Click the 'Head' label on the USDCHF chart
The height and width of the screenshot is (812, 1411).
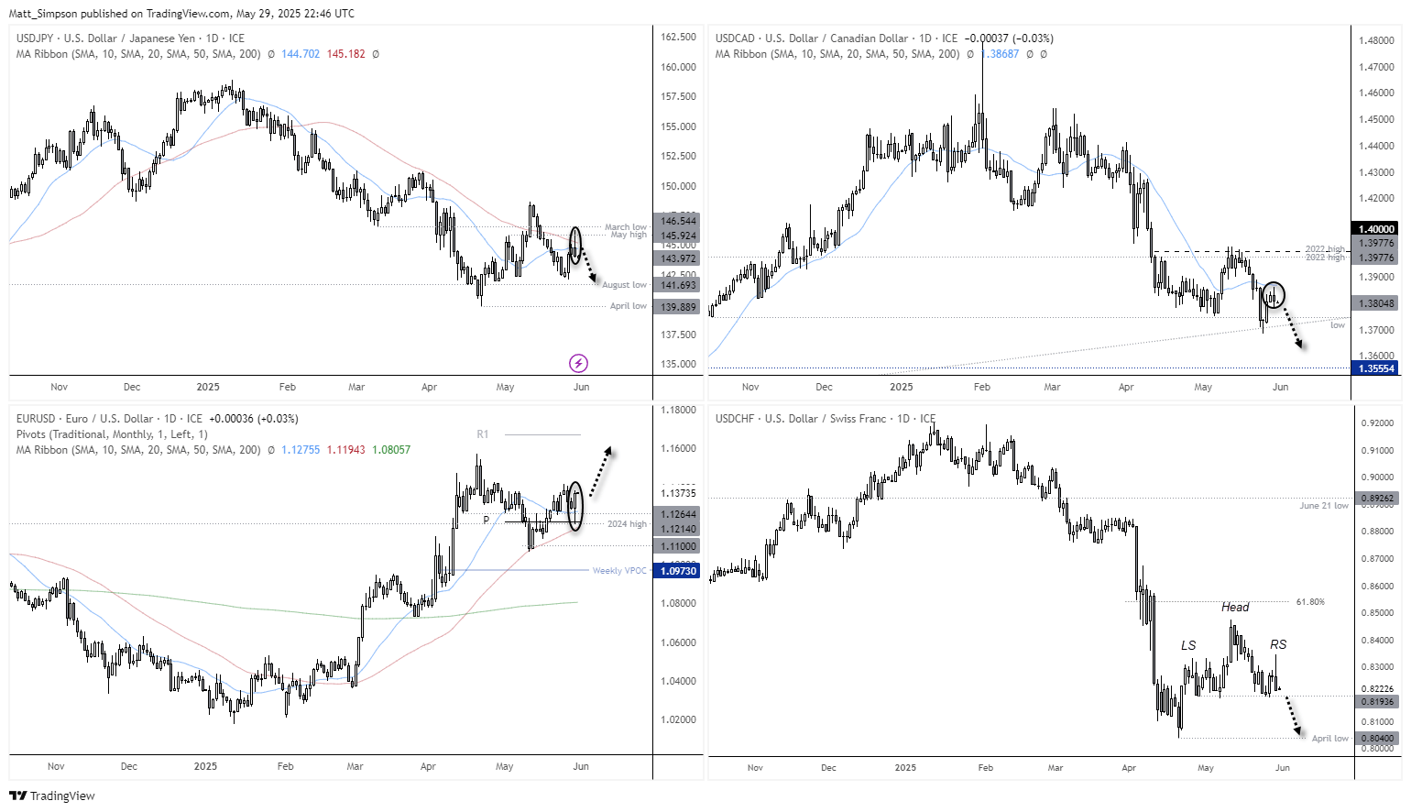pyautogui.click(x=1235, y=607)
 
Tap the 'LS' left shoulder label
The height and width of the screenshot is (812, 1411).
pyautogui.click(x=1188, y=645)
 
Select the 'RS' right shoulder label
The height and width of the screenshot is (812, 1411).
pyautogui.click(x=1278, y=644)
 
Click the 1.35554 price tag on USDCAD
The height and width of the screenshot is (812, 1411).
pyautogui.click(x=1376, y=368)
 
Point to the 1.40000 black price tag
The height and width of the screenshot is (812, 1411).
pyautogui.click(x=1376, y=229)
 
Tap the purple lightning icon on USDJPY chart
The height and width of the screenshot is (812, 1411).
pyautogui.click(x=578, y=364)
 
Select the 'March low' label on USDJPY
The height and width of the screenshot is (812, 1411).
pyautogui.click(x=625, y=226)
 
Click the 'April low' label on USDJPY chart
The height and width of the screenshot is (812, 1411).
pyautogui.click(x=628, y=306)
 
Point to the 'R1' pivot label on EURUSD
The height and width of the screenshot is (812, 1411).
pyautogui.click(x=483, y=434)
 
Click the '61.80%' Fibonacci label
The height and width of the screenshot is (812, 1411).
pyautogui.click(x=1310, y=602)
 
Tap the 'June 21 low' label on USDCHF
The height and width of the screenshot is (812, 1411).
pyautogui.click(x=1323, y=506)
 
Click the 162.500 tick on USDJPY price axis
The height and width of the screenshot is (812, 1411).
pyautogui.click(x=678, y=38)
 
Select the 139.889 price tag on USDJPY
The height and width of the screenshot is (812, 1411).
pyautogui.click(x=679, y=307)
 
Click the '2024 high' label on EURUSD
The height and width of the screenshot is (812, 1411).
pyautogui.click(x=627, y=524)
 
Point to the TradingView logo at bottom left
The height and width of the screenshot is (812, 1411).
pyautogui.click(x=52, y=796)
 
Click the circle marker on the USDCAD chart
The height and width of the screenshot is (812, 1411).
pyautogui.click(x=1274, y=295)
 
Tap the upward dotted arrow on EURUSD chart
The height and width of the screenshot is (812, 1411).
pyautogui.click(x=600, y=472)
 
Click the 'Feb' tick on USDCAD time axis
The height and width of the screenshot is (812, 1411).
pyautogui.click(x=981, y=387)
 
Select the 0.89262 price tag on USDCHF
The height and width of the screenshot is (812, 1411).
pyautogui.click(x=1376, y=499)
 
